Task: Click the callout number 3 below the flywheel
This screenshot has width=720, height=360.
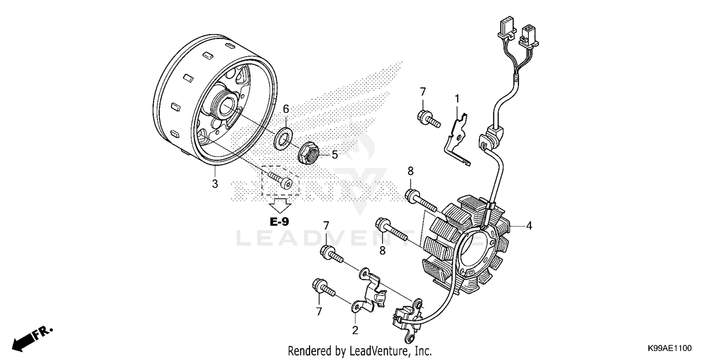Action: (x=215, y=183)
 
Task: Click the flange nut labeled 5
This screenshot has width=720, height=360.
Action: (x=310, y=154)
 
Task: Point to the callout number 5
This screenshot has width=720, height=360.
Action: (x=335, y=155)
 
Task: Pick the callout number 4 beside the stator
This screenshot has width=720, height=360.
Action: (x=528, y=225)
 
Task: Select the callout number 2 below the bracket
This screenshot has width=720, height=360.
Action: (x=355, y=330)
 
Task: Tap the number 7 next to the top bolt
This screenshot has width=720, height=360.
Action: (x=422, y=91)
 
